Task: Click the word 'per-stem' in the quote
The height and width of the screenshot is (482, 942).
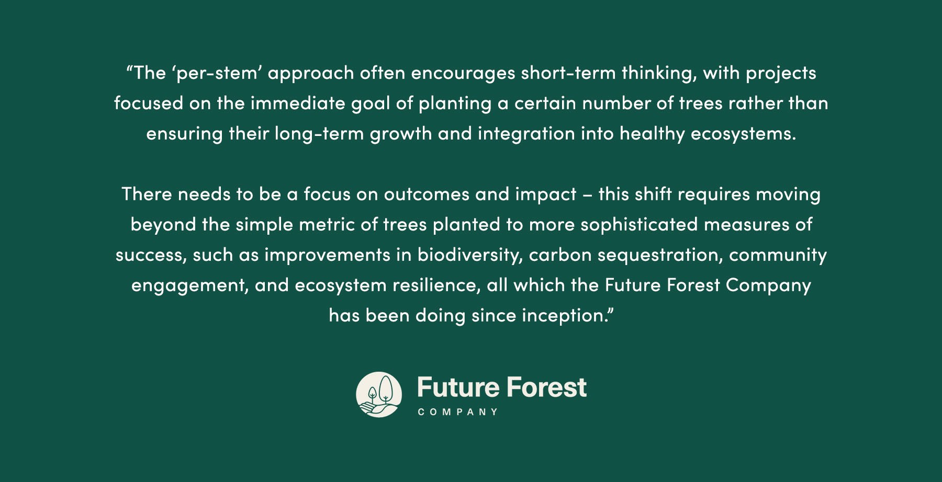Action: (x=217, y=73)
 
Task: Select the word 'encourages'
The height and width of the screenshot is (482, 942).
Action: (x=463, y=73)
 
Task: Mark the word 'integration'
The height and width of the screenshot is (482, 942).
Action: (x=526, y=134)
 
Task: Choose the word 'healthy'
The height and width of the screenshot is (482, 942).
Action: (x=652, y=134)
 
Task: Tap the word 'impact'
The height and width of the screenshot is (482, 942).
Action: (x=545, y=194)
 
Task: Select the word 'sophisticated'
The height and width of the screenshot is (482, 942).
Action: (x=639, y=225)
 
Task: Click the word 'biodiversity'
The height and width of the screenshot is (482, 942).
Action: (x=469, y=255)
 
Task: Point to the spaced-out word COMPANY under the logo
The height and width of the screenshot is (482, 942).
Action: (x=458, y=412)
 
